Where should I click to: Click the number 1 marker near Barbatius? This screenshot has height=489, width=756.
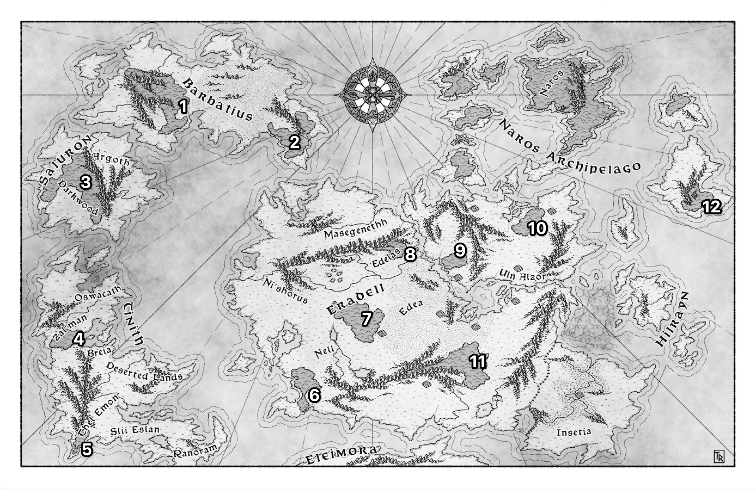tap(183, 106)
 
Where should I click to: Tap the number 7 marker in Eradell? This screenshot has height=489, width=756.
tap(366, 319)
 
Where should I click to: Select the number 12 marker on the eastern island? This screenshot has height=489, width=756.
tap(712, 207)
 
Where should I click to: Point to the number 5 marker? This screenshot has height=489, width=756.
tap(87, 449)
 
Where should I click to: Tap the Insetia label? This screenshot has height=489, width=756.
tap(574, 432)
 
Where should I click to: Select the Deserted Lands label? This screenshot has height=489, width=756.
tap(144, 372)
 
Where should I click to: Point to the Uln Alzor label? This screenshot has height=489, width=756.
tap(522, 275)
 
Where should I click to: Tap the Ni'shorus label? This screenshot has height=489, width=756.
tap(285, 291)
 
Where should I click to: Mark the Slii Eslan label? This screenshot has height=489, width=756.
tap(135, 430)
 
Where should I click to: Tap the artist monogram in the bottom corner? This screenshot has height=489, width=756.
tap(719, 456)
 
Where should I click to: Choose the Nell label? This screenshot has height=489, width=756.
tap(324, 351)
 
